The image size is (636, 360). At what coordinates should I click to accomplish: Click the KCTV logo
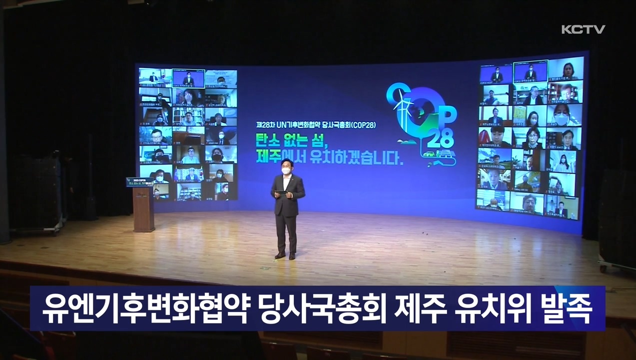(583, 29)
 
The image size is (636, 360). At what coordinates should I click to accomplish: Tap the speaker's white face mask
(286, 170)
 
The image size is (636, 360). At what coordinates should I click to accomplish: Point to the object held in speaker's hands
(281, 192)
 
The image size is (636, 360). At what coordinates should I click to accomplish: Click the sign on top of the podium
(139, 181)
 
